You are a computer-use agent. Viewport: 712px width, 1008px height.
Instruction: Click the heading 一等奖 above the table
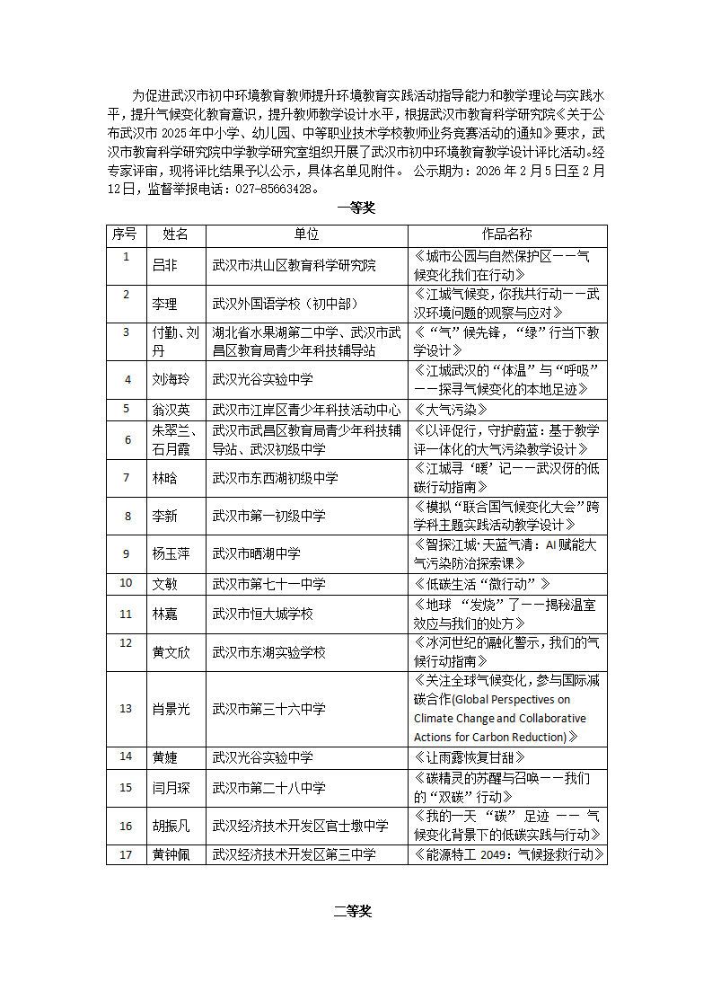tap(356, 208)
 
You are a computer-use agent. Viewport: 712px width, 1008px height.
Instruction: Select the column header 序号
tap(124, 234)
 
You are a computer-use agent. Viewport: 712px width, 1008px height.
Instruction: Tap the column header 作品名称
tap(506, 234)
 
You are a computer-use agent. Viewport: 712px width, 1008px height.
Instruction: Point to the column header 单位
tap(306, 234)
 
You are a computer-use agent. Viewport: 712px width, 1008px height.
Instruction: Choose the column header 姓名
tap(175, 234)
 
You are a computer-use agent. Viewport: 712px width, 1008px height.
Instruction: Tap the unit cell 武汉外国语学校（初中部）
tap(284, 304)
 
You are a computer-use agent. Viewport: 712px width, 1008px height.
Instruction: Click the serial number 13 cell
tap(126, 709)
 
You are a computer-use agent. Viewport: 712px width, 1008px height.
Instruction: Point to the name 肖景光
tap(171, 709)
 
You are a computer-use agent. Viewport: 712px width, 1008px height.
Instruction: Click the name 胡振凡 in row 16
tap(171, 826)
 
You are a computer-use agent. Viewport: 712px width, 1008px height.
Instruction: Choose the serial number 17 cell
tap(126, 853)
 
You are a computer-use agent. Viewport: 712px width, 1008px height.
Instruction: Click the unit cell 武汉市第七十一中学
tap(268, 584)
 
